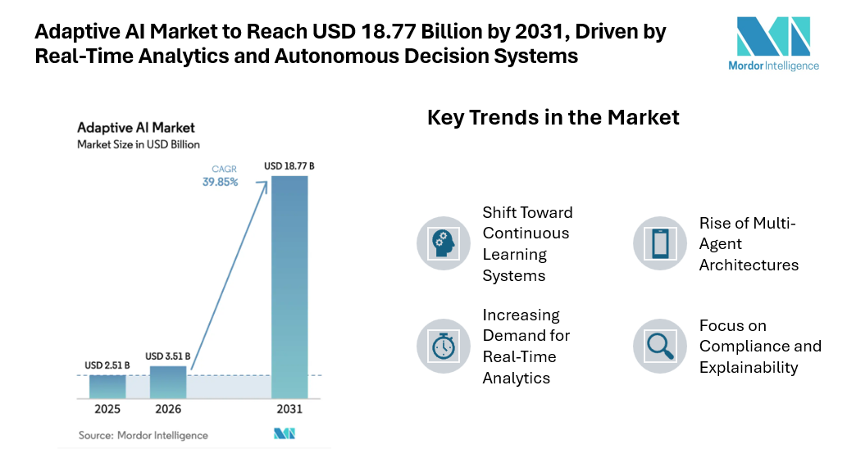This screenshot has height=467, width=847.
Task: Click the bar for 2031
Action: tap(289, 287)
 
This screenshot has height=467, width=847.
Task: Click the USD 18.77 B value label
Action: tap(289, 166)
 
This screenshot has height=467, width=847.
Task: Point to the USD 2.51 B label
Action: tap(107, 365)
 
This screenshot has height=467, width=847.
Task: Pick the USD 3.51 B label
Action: tap(168, 356)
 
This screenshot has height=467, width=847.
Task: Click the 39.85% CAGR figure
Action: tap(220, 182)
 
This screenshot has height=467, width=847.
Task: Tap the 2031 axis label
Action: tap(289, 409)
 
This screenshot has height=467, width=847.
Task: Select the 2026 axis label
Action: tap(168, 409)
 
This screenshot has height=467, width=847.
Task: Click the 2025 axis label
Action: tap(107, 409)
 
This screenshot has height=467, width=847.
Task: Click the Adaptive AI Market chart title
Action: tap(135, 128)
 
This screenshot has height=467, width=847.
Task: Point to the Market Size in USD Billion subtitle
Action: tap(138, 144)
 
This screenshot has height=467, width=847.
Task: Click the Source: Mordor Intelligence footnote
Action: tap(143, 435)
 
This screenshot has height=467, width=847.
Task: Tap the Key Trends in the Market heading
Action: tap(553, 117)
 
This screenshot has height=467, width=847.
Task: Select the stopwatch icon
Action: tap(444, 347)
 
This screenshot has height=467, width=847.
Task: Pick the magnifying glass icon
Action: tap(659, 347)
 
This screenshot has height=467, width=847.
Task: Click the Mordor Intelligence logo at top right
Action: tap(773, 43)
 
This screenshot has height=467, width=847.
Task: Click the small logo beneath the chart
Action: tap(284, 434)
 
